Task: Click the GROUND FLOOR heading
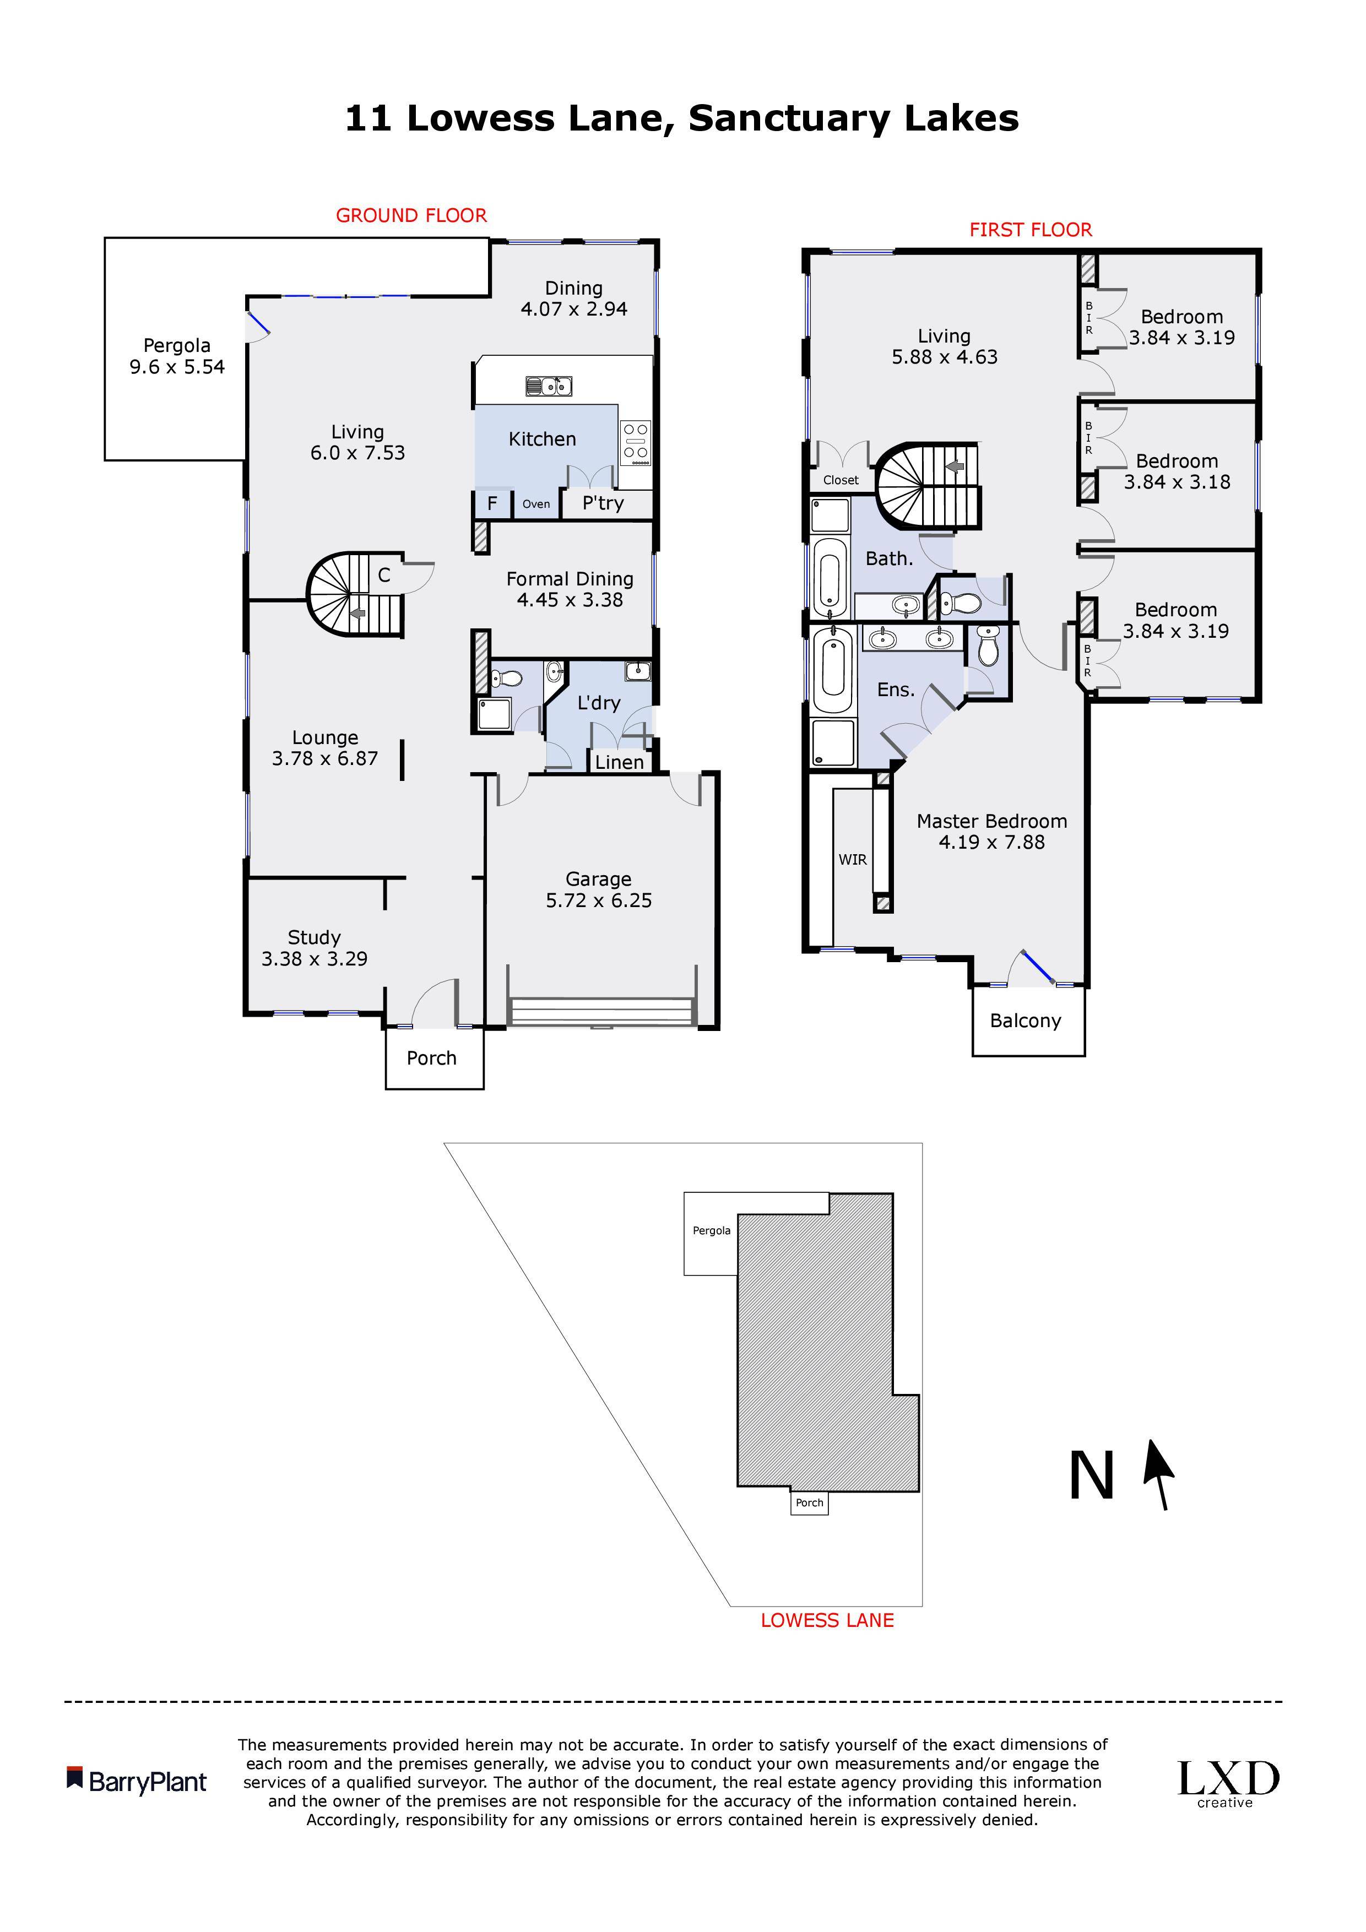411,215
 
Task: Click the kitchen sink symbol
549,386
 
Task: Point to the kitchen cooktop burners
636,443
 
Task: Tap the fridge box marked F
492,504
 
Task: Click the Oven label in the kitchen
536,504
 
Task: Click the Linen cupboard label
620,762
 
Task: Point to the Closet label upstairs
841,480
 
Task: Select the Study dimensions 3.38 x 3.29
314,958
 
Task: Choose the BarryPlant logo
137,1782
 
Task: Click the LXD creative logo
1228,1784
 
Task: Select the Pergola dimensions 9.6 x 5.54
177,367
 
